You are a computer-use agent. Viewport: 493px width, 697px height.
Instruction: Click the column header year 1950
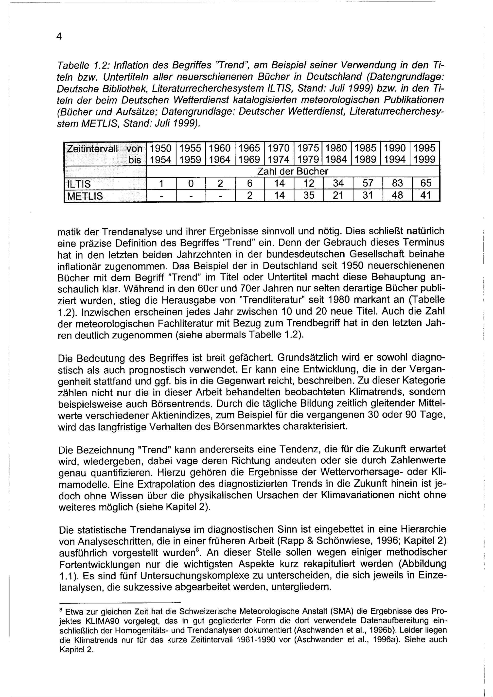[161, 148]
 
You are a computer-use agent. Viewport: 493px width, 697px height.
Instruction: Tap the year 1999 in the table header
[424, 159]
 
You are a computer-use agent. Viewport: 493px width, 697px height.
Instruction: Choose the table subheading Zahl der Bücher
[293, 172]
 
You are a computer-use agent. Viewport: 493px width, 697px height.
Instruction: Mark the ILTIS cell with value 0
[190, 184]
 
